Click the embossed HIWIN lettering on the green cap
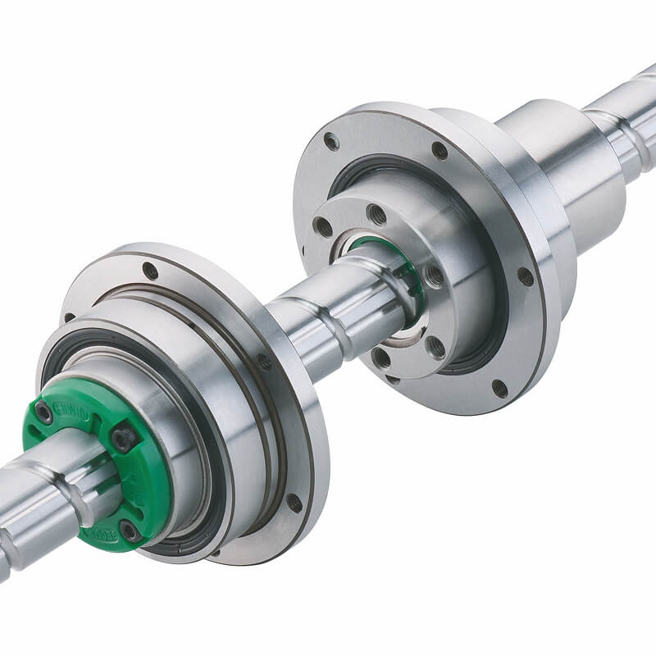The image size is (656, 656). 72,408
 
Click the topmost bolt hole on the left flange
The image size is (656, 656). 150,270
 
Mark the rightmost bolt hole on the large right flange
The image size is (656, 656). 525,276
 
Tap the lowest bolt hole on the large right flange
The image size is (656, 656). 499,388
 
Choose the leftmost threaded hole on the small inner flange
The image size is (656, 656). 323,227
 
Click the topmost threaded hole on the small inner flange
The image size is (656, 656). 376,215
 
